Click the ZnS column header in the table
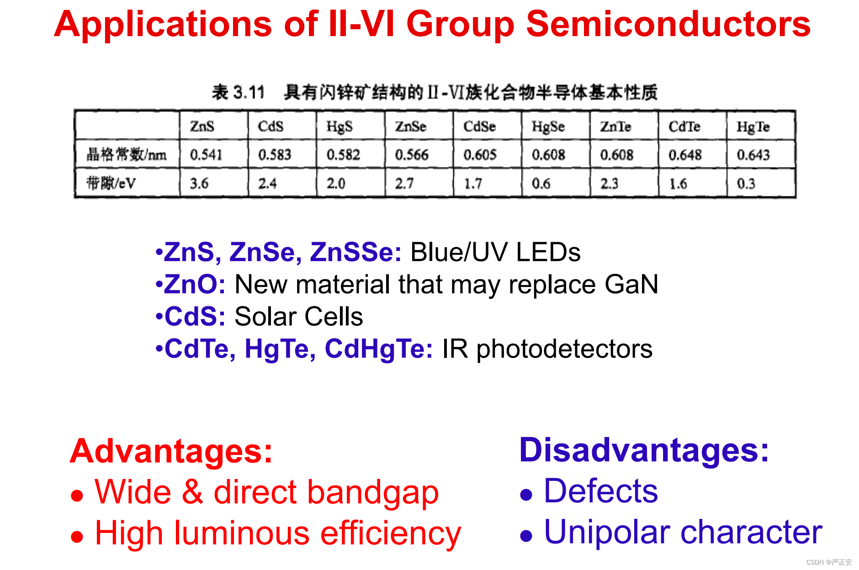(x=202, y=126)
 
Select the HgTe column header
(x=753, y=127)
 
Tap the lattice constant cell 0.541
(x=206, y=154)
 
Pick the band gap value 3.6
(x=199, y=183)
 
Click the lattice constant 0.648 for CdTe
(x=685, y=155)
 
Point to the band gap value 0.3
(x=746, y=184)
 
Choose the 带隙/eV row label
(x=111, y=183)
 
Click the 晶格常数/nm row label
(x=127, y=154)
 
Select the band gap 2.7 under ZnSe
(x=404, y=183)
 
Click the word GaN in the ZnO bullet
(x=631, y=284)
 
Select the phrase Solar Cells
(x=299, y=316)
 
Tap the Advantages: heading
(x=171, y=451)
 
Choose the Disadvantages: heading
(x=644, y=450)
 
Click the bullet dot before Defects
(x=526, y=495)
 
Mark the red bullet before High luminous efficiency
(x=77, y=537)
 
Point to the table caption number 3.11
(x=249, y=92)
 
